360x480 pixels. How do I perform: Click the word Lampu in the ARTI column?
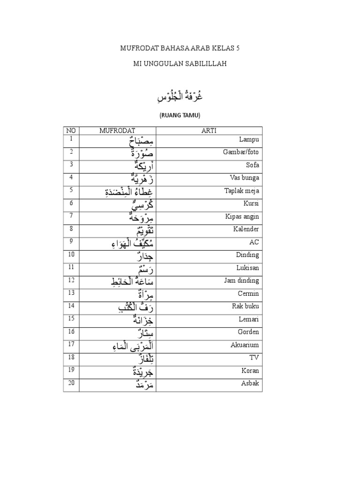[x=249, y=140]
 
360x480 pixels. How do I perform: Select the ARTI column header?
[x=209, y=131]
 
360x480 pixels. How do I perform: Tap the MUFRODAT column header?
[x=117, y=131]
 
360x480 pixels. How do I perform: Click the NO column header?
[x=71, y=131]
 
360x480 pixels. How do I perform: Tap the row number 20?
[x=71, y=382]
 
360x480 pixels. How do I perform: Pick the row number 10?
[x=71, y=254]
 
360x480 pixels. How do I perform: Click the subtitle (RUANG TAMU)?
[x=180, y=114]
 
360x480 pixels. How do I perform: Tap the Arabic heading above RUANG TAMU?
[x=180, y=97]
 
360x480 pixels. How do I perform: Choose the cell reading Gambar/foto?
[x=241, y=152]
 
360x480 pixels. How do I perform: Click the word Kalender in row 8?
[x=246, y=229]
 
